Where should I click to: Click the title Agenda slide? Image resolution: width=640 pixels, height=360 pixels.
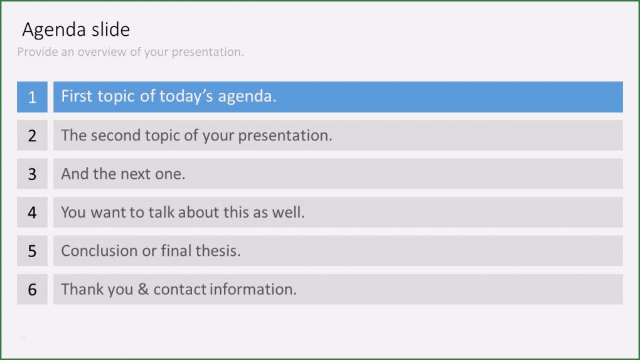(x=76, y=29)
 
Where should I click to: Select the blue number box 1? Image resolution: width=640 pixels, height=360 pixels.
(x=32, y=97)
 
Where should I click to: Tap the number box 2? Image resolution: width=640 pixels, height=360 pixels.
(x=32, y=135)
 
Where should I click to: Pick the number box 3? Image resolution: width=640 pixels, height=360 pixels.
(x=32, y=174)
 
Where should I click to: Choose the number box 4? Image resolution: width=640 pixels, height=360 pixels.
(x=32, y=213)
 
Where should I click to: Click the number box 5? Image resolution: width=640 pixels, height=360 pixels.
(x=32, y=251)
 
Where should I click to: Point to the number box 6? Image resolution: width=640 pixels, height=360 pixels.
(x=32, y=290)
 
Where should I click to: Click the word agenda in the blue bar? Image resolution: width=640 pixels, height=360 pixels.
(x=247, y=97)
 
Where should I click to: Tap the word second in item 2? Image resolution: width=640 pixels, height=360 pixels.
(x=115, y=135)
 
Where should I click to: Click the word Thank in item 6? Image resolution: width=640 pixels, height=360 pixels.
(x=79, y=289)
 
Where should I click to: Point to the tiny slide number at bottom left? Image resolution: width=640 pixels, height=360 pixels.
(x=23, y=337)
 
